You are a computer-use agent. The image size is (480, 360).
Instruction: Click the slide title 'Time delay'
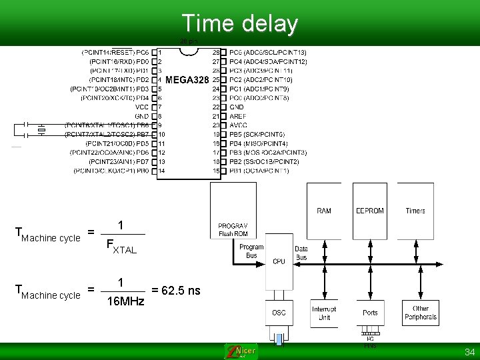tap(239, 23)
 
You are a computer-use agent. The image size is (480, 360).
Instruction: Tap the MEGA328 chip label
tap(187, 80)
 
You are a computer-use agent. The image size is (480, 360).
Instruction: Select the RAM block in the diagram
tap(324, 211)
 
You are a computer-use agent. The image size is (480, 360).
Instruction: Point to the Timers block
tap(415, 211)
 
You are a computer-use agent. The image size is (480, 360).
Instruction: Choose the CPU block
tap(279, 261)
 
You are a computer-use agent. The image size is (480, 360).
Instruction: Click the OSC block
tap(279, 312)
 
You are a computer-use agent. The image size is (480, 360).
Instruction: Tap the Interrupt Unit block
tap(324, 313)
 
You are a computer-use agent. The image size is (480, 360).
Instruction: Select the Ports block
tap(370, 312)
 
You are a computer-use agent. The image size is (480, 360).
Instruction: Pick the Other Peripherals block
tap(421, 313)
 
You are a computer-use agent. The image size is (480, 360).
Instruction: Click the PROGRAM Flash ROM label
tap(233, 229)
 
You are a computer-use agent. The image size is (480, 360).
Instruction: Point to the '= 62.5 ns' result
tap(176, 291)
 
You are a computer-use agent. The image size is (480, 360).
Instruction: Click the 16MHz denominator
tap(125, 301)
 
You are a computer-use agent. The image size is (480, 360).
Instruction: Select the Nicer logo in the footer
tap(241, 351)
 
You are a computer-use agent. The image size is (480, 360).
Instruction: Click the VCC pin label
tap(142, 107)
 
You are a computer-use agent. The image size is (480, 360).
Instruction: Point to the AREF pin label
tap(238, 116)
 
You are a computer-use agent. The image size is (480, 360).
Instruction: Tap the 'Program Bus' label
tap(251, 251)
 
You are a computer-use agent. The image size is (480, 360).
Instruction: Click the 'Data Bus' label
tap(301, 253)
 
